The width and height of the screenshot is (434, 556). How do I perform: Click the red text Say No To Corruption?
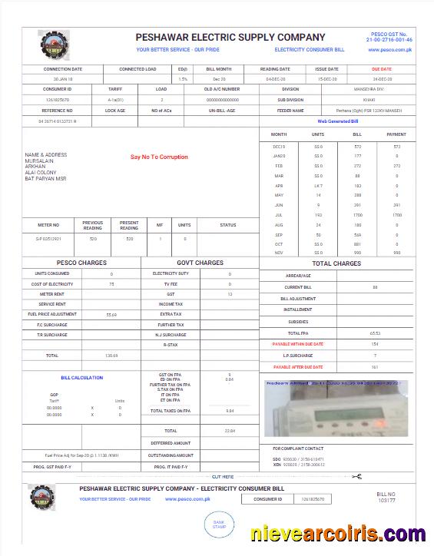click(159, 157)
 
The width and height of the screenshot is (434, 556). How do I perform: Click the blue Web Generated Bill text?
click(338, 121)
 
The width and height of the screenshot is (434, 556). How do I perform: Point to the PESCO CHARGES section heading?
click(81, 263)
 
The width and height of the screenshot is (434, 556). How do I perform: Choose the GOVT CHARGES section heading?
click(200, 263)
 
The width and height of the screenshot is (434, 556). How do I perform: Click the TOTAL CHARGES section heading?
click(336, 263)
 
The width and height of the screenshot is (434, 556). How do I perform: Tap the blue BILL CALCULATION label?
click(81, 378)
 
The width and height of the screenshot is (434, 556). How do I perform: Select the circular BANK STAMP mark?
click(218, 525)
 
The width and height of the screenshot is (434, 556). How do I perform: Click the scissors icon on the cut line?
click(356, 477)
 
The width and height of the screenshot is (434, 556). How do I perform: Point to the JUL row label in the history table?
click(278, 216)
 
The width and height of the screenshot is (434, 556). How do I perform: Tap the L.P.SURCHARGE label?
click(298, 356)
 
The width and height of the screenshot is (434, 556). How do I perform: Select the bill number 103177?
click(386, 500)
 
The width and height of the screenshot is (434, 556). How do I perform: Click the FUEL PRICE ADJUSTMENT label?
click(52, 314)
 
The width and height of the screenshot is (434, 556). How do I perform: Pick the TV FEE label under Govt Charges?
click(171, 283)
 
